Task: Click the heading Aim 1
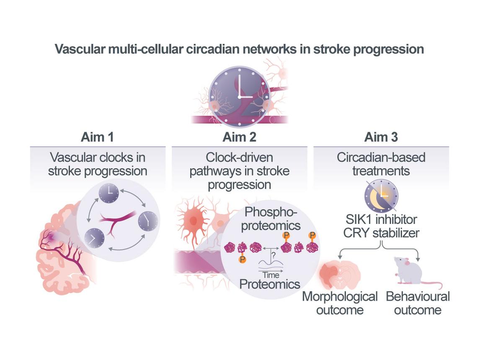pyautogui.click(x=97, y=137)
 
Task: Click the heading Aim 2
pyautogui.click(x=239, y=137)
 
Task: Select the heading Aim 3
pyautogui.click(x=381, y=137)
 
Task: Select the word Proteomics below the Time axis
pyautogui.click(x=270, y=284)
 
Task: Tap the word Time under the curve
pyautogui.click(x=271, y=275)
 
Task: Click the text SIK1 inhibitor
pyautogui.click(x=381, y=219)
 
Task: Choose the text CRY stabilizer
pyautogui.click(x=381, y=233)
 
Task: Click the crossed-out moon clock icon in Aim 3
pyautogui.click(x=381, y=196)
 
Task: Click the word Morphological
pyautogui.click(x=340, y=297)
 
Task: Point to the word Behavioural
pyautogui.click(x=418, y=297)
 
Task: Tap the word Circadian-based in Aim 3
pyautogui.click(x=381, y=157)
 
